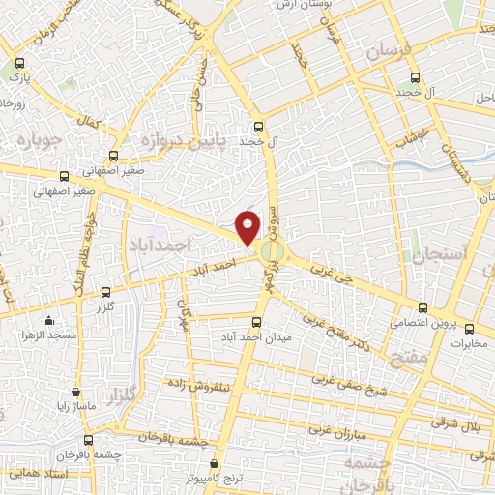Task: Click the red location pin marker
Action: point(248,227)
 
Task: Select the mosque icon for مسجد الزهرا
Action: point(48,320)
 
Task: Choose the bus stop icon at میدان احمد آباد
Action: point(256,322)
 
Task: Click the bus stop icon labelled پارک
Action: point(15,60)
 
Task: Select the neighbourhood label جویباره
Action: point(38,142)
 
